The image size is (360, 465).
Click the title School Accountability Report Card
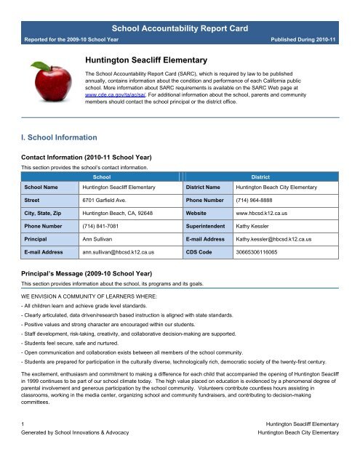pyautogui.click(x=180, y=28)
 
